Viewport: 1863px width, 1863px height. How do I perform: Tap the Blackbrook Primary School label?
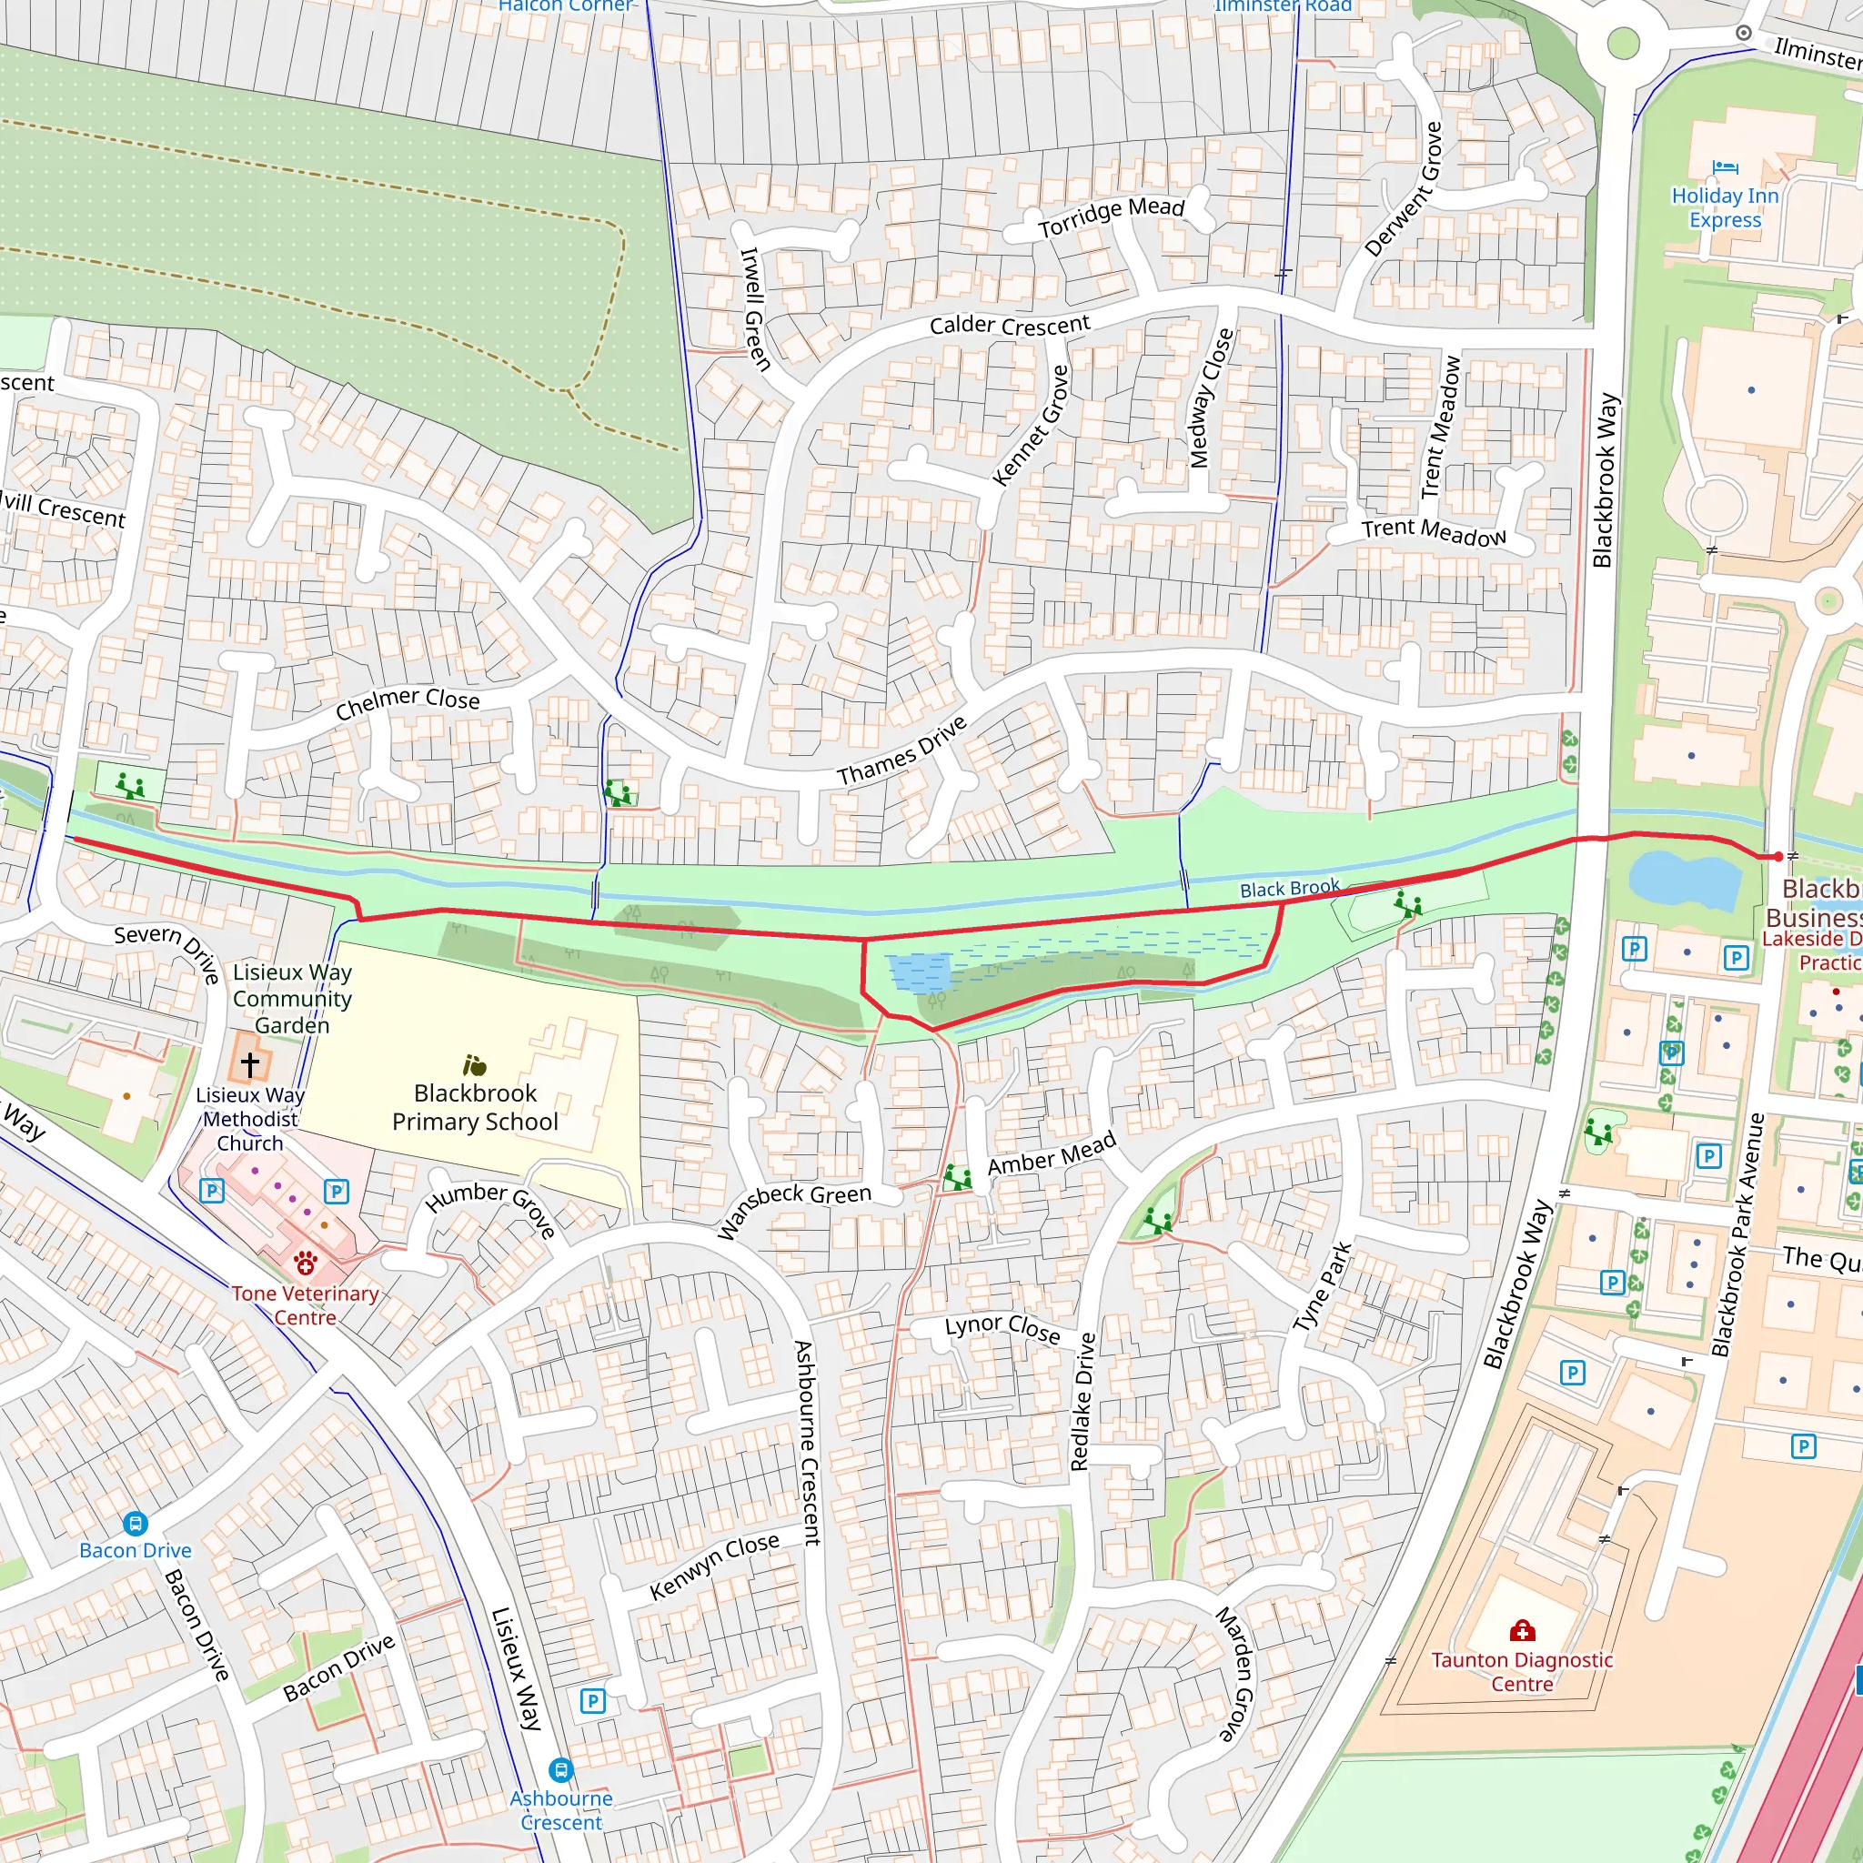point(475,1107)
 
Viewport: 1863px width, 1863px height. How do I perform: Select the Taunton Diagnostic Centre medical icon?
point(1522,1631)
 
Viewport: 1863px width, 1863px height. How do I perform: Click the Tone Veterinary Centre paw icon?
point(306,1263)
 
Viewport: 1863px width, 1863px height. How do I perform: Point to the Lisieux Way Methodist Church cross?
point(250,1063)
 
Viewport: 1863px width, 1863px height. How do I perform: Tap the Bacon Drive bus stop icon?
point(135,1524)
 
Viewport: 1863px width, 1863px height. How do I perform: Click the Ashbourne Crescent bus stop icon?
point(560,1770)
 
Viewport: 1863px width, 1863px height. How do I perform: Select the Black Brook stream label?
point(1289,888)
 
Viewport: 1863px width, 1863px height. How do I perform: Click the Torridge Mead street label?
point(1110,218)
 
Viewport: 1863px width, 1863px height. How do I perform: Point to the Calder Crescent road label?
point(1009,325)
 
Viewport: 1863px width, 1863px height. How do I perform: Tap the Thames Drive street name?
point(901,751)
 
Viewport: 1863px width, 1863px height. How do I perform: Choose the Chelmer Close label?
point(407,703)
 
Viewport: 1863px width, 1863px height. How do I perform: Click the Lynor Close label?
point(1002,1329)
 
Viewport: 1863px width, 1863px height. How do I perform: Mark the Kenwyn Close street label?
point(713,1566)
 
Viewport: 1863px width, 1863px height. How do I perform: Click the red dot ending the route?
point(1778,856)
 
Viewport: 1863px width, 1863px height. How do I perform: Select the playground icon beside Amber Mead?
point(957,1177)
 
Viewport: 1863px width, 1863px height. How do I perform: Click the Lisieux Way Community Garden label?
point(291,998)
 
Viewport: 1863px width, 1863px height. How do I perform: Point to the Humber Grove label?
point(491,1208)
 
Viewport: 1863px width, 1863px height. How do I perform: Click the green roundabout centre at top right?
point(1624,43)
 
